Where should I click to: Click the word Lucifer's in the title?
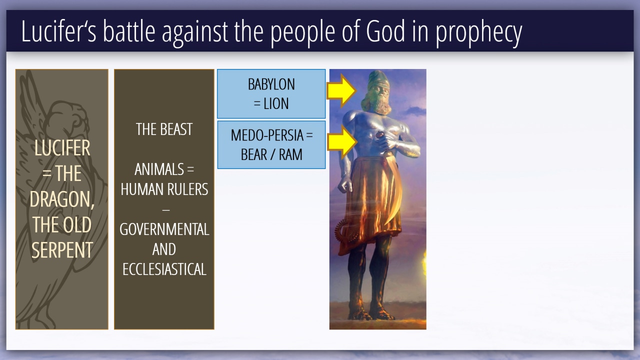click(58, 31)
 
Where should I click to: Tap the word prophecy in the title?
click(479, 33)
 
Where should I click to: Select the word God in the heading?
click(385, 31)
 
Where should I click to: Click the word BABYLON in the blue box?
click(271, 84)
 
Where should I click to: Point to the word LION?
click(275, 103)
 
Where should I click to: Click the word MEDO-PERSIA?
click(267, 135)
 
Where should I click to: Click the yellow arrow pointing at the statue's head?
click(341, 90)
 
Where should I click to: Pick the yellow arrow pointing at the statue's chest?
click(342, 142)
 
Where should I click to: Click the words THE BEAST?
click(164, 129)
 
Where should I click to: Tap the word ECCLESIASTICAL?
click(164, 269)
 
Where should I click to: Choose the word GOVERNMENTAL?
click(164, 229)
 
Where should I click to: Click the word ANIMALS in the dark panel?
click(159, 169)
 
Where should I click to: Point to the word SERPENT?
click(62, 250)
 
